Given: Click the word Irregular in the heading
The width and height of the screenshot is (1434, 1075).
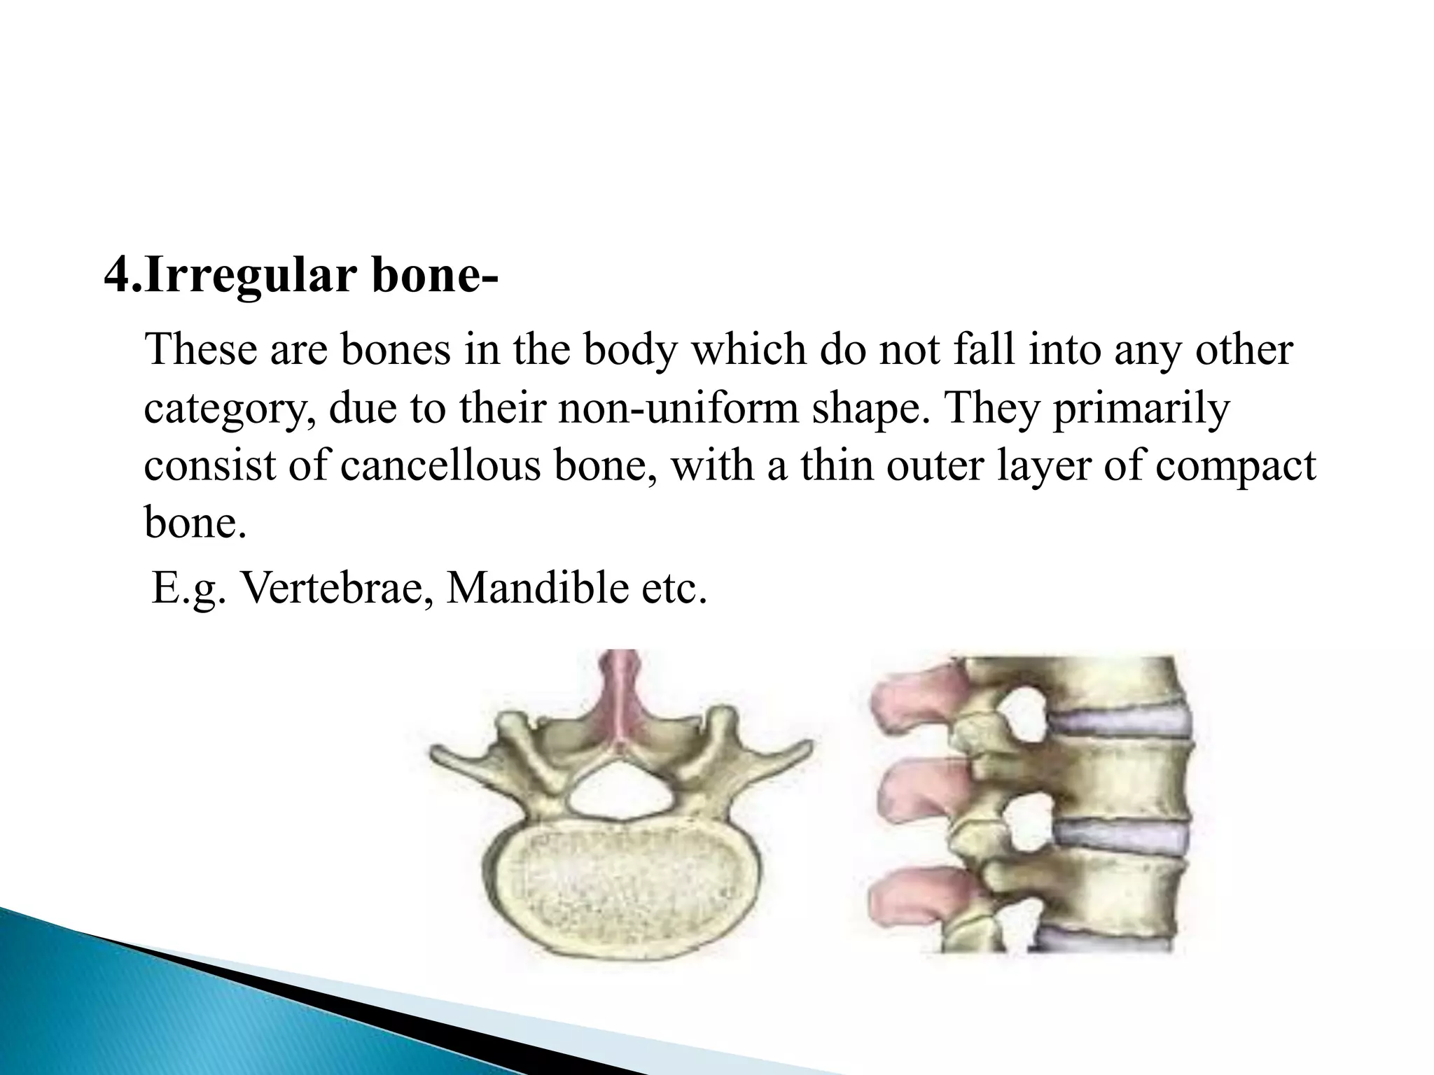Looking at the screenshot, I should click(252, 276).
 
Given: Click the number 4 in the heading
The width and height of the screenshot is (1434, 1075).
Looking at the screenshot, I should click(116, 276).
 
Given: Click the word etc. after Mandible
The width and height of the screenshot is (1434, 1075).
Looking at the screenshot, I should click(673, 588).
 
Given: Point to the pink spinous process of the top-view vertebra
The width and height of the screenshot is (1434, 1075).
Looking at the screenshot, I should click(620, 700).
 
